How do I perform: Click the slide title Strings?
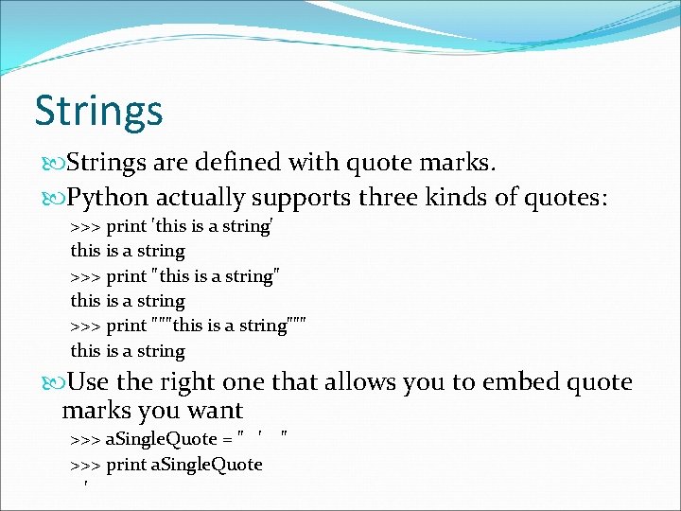coord(98,111)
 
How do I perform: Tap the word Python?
coord(109,199)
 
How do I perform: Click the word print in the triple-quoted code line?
coord(126,326)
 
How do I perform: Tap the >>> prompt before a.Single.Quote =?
coord(86,439)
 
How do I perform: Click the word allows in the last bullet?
coord(360,382)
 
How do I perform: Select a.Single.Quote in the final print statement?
coord(207,465)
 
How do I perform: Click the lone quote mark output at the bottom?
coord(86,486)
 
